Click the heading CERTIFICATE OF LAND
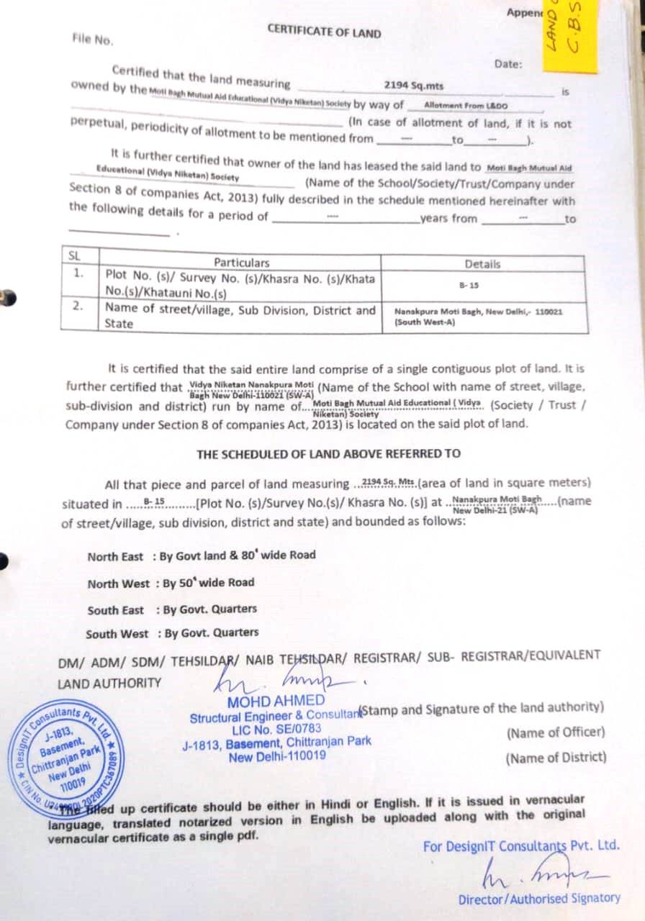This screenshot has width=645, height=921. [x=324, y=32]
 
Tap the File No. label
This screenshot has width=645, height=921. [x=93, y=40]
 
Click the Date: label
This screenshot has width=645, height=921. [x=508, y=64]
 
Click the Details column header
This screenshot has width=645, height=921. [x=482, y=264]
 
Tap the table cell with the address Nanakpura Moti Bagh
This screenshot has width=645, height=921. [x=479, y=317]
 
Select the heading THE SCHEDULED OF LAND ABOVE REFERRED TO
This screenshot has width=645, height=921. [x=328, y=454]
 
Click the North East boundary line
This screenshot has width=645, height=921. [x=202, y=555]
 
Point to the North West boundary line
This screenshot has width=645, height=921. [x=171, y=583]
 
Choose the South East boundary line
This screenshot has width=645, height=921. [x=172, y=609]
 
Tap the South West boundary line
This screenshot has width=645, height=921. [x=172, y=634]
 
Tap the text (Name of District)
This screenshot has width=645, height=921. [x=556, y=758]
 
